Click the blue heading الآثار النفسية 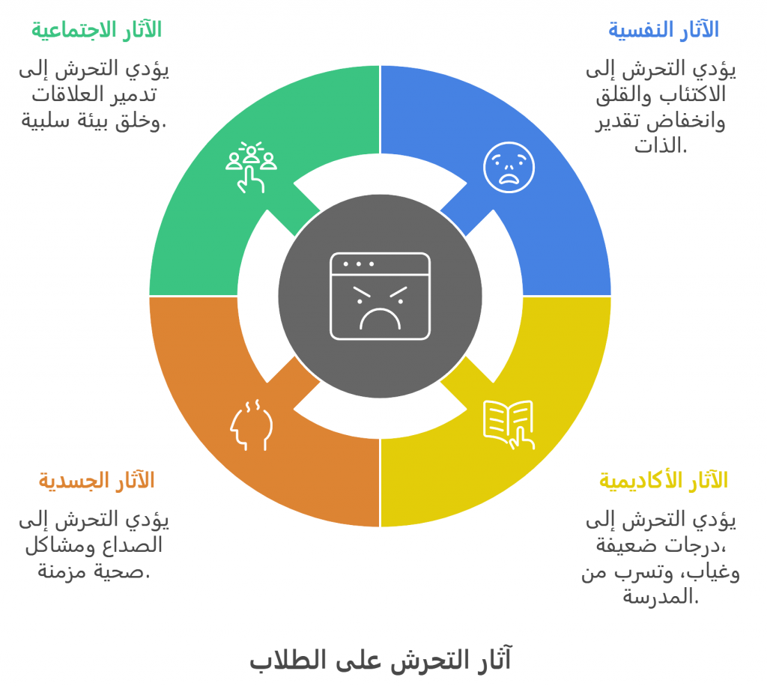664,30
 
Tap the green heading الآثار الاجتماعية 97,30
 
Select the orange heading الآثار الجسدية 97,480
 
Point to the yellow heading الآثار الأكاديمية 664,480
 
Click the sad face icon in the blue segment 509,167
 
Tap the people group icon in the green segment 251,167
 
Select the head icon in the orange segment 251,425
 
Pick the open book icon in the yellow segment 509,425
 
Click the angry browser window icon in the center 380,297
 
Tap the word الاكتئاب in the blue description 694,94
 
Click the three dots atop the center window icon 359,264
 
